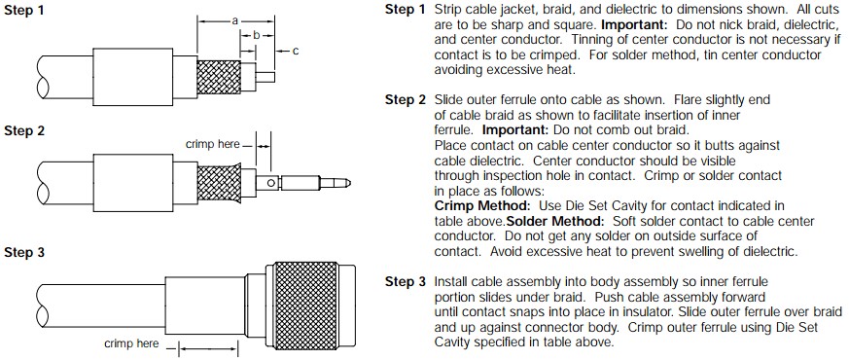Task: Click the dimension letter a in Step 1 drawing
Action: point(235,21)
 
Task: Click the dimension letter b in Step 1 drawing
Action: point(257,35)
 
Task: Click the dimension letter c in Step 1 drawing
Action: point(295,51)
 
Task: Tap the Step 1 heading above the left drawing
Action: point(24,11)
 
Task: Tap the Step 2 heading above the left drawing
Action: point(24,131)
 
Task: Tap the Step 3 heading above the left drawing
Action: point(24,252)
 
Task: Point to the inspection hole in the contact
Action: point(270,184)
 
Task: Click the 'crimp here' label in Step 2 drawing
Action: point(212,144)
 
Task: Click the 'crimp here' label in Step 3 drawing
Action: point(131,343)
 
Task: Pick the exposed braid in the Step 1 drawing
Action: point(218,77)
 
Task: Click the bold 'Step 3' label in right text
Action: point(406,281)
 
